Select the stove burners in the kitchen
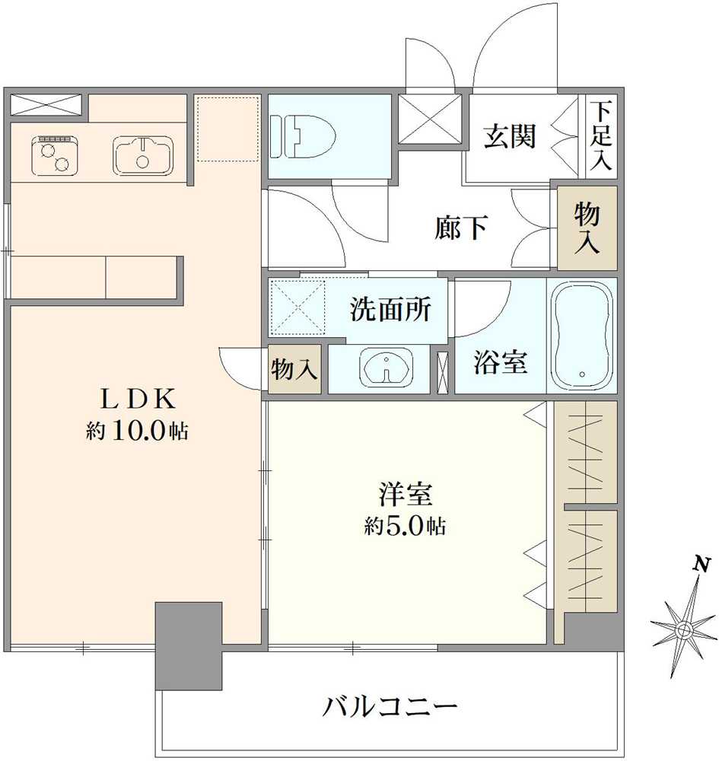(x=54, y=154)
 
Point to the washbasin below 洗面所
(x=389, y=369)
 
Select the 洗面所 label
(x=390, y=310)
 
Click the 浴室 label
(x=500, y=363)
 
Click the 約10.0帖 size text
(x=137, y=431)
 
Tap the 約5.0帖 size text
(x=404, y=526)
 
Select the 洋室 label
(x=406, y=494)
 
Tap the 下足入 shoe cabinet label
(x=603, y=136)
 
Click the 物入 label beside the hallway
(x=587, y=228)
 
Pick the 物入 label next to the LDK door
(x=294, y=370)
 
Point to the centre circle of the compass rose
(x=684, y=629)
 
